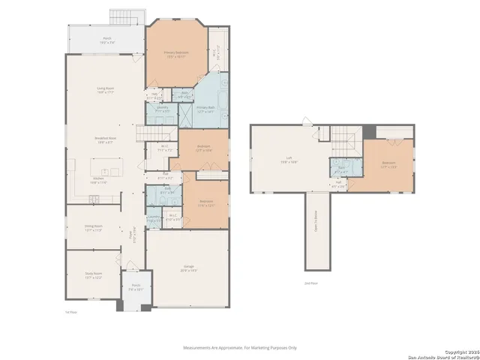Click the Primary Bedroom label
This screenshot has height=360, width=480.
click(176, 53)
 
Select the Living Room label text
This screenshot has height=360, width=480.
click(105, 91)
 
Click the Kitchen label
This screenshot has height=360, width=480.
click(99, 181)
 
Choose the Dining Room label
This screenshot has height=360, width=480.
click(93, 229)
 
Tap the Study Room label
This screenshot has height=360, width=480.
click(93, 277)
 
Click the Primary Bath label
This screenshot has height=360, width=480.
click(206, 109)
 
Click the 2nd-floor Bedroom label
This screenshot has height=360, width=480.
click(388, 164)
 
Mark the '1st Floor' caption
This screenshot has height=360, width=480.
click(72, 311)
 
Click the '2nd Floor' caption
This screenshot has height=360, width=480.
click(311, 283)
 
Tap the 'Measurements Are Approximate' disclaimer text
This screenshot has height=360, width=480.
click(240, 347)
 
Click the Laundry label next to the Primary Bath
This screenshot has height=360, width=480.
click(162, 109)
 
